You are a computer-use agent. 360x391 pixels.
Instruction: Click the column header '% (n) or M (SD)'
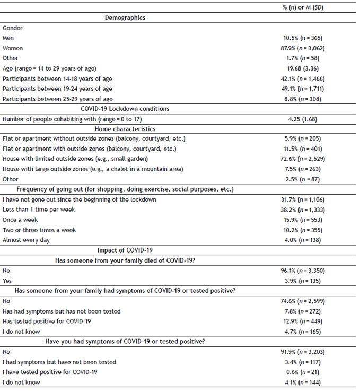[x=304, y=7]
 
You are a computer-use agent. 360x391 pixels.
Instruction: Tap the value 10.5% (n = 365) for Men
[x=304, y=38]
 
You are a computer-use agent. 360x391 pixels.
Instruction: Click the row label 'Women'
[x=12, y=48]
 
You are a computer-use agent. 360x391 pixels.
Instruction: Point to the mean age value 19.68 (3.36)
[x=304, y=68]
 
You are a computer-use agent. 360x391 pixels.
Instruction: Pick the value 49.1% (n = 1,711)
[x=304, y=89]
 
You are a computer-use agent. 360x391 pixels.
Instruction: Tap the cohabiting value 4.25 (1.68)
[x=304, y=119]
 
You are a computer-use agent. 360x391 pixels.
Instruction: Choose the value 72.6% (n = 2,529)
[x=304, y=159]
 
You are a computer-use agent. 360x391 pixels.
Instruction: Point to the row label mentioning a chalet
[x=89, y=169]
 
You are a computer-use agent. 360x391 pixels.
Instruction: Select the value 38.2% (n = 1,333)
[x=304, y=210]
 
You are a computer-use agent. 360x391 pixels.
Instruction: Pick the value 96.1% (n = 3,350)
[x=304, y=271]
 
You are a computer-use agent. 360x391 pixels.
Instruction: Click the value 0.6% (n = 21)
[x=304, y=372]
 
